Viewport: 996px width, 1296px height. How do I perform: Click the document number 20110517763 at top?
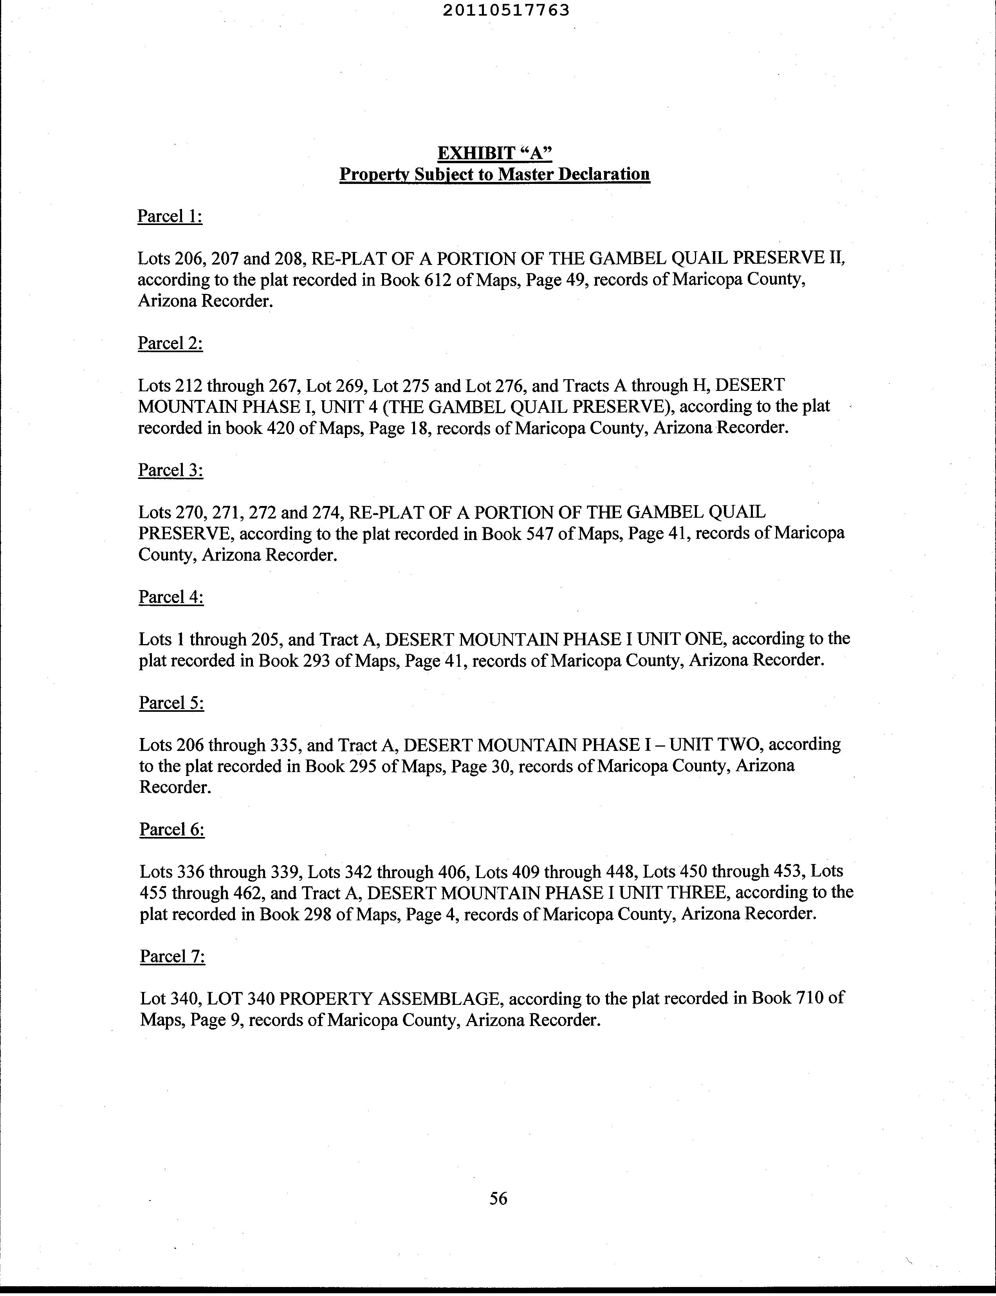point(506,10)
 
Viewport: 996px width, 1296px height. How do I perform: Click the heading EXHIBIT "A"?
point(494,153)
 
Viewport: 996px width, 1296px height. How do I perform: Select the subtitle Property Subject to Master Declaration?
point(494,174)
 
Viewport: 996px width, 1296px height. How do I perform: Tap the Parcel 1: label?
point(170,216)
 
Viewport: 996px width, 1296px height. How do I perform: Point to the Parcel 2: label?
point(170,343)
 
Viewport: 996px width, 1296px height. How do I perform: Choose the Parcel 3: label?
point(170,470)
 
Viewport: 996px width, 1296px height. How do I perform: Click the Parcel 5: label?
point(171,702)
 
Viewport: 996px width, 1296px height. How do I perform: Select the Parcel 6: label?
point(172,829)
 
